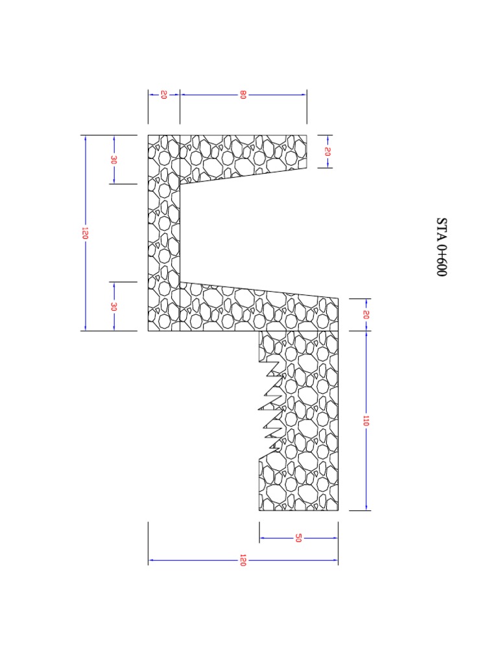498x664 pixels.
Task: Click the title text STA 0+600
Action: point(441,246)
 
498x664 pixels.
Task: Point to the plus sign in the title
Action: point(441,254)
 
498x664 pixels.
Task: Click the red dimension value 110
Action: point(366,421)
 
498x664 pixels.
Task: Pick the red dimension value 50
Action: point(298,538)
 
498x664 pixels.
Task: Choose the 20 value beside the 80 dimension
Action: point(163,95)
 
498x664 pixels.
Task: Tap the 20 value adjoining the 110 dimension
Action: point(366,314)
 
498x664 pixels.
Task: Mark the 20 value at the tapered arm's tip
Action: point(327,152)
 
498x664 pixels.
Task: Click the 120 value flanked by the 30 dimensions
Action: point(85,233)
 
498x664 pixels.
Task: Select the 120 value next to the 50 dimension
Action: point(243,560)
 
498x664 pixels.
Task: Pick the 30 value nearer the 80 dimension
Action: point(113,160)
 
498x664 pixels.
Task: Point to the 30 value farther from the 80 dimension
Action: point(113,306)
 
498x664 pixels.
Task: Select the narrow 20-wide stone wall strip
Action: point(163,233)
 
